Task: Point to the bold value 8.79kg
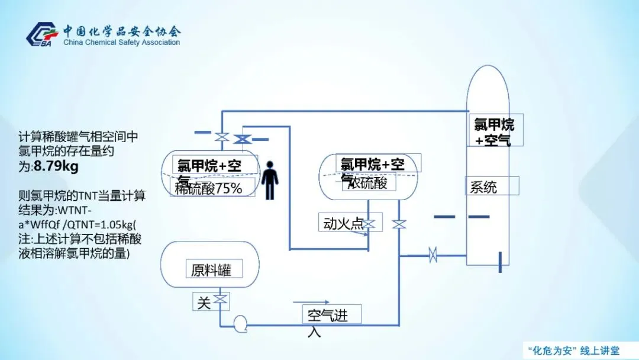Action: [56, 167]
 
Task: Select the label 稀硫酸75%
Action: [209, 189]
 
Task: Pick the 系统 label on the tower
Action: [483, 188]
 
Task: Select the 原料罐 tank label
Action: [211, 271]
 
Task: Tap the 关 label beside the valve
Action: [203, 303]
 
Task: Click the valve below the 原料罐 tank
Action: [221, 300]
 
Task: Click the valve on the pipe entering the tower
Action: [433, 255]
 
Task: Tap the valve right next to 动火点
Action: [369, 224]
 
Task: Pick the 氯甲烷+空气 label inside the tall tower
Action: [495, 131]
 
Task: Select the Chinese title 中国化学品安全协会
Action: [122, 31]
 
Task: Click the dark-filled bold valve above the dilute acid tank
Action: [241, 139]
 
